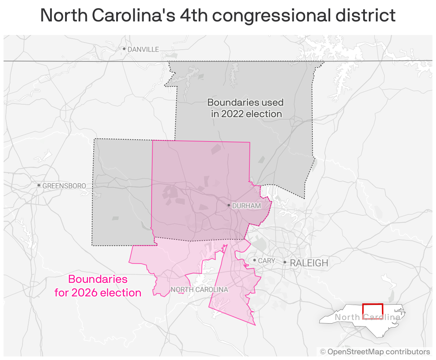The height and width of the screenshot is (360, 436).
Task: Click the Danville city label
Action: point(143,49)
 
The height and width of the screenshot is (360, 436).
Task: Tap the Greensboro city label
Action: point(64,186)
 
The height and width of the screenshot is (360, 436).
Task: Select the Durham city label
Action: point(247,206)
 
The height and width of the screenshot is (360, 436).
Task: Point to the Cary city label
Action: point(267,261)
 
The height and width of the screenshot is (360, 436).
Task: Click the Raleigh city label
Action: point(309,263)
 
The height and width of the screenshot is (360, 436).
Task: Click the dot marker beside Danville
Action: point(124,49)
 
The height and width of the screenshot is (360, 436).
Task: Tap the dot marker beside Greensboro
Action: point(39,185)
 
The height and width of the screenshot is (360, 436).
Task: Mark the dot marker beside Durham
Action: point(229,205)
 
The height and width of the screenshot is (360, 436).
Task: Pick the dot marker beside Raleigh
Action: point(285,262)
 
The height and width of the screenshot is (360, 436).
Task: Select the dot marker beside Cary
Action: point(254,260)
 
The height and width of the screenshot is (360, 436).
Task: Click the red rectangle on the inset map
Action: point(372,311)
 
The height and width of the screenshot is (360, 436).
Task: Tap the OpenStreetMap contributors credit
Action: point(375,352)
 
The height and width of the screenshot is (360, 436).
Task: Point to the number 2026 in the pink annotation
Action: point(85,293)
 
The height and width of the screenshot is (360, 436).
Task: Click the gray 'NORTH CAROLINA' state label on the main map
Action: point(199,289)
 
